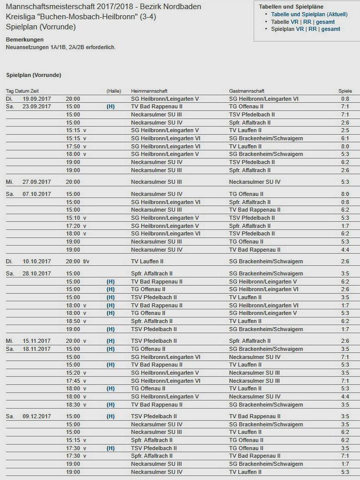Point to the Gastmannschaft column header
pyautogui.click(x=247, y=91)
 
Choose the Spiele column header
pyautogui.click(x=345, y=91)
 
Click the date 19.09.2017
pyautogui.click(x=37, y=99)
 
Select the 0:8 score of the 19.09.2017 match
pyautogui.click(x=345, y=99)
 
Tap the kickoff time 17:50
pyautogui.click(x=73, y=146)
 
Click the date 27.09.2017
pyautogui.click(x=37, y=182)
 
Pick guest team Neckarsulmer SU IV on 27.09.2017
pyautogui.click(x=255, y=182)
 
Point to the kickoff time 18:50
pyautogui.click(x=73, y=321)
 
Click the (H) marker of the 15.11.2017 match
pyautogui.click(x=110, y=341)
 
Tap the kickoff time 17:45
pyautogui.click(x=73, y=381)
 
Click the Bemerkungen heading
pyautogui.click(x=25, y=39)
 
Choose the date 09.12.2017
pyautogui.click(x=37, y=416)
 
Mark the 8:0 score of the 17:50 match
pyautogui.click(x=345, y=146)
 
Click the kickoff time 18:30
pyautogui.click(x=73, y=405)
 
